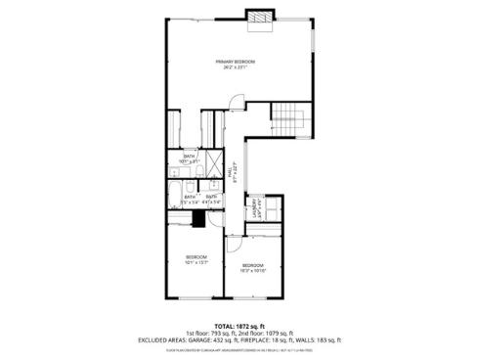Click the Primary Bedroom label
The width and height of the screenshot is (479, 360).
point(230,66)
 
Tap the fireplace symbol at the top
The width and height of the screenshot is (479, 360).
point(260,19)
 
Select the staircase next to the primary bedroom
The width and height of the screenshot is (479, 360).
point(288,116)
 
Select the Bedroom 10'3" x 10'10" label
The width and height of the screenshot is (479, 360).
point(253,267)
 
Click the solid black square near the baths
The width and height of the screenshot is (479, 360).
point(196,219)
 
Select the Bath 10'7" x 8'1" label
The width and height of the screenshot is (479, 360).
point(191,158)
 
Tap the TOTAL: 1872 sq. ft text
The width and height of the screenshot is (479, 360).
point(239,325)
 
